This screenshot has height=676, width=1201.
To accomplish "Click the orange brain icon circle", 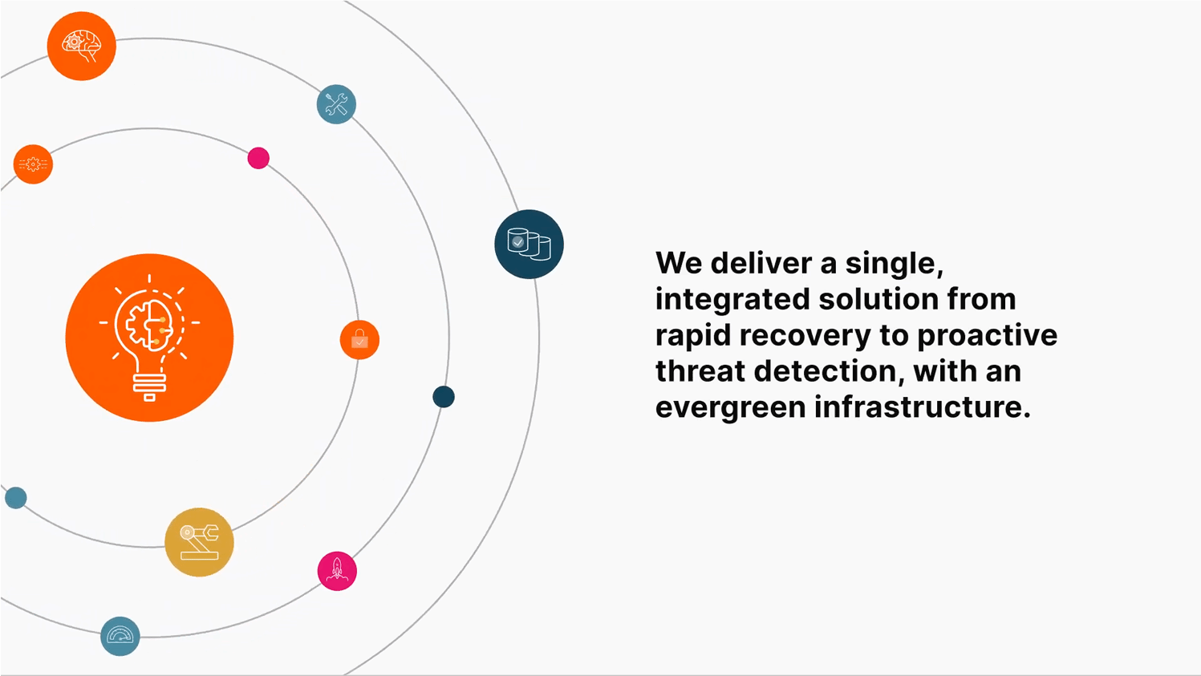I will [x=81, y=46].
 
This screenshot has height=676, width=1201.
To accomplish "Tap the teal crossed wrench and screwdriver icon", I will [x=336, y=104].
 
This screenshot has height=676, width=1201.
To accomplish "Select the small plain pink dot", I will [x=258, y=158].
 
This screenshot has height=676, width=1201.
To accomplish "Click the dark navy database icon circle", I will [x=529, y=244].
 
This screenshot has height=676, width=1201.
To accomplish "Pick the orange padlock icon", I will [x=359, y=340].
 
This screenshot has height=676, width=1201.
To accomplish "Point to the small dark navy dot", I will [x=444, y=396].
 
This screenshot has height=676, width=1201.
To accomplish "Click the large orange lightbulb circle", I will [x=149, y=338].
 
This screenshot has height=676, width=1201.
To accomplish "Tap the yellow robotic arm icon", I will [x=199, y=542].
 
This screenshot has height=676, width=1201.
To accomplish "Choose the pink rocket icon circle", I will [x=337, y=571].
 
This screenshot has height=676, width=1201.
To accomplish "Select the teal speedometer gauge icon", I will [x=120, y=636].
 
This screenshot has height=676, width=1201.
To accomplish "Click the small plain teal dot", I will [x=16, y=498].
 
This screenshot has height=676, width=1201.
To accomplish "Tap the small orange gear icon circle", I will [x=33, y=164].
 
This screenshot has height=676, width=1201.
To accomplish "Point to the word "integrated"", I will [x=732, y=299].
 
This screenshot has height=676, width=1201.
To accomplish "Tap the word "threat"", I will [x=700, y=371].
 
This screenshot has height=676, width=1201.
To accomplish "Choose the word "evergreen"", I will [x=729, y=407].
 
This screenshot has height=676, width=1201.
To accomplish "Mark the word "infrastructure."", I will [x=923, y=407].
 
